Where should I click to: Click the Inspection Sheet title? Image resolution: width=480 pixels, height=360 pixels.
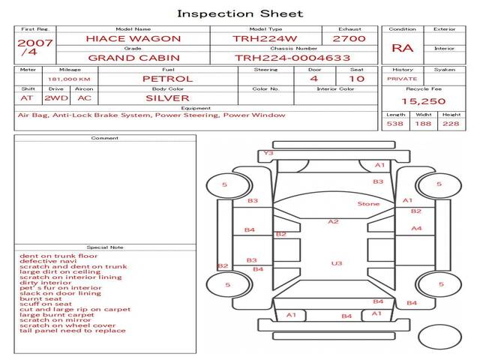tap(240, 13)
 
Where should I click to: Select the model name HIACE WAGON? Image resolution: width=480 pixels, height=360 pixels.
tap(133, 38)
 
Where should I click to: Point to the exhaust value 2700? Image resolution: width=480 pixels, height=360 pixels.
tap(349, 38)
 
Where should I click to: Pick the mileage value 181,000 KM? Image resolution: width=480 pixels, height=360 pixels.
tap(69, 79)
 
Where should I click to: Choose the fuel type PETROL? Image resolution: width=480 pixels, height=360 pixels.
tap(167, 79)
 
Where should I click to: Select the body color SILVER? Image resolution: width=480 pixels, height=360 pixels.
tap(167, 97)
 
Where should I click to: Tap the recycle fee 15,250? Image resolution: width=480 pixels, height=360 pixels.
tap(424, 100)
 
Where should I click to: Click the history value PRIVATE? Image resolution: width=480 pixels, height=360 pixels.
tap(402, 79)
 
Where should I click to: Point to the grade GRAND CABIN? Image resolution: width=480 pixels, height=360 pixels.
tap(133, 57)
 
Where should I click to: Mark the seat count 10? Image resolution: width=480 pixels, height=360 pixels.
tap(356, 79)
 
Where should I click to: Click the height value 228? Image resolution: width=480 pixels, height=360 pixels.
tap(451, 124)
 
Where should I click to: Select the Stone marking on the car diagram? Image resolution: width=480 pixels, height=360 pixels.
tap(368, 204)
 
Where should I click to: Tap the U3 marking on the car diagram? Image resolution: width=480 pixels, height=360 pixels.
tap(337, 263)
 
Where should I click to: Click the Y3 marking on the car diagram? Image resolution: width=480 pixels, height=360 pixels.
tap(268, 153)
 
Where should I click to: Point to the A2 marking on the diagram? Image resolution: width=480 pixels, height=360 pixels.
tap(334, 221)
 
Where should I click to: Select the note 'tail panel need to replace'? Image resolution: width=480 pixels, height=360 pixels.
tap(73, 331)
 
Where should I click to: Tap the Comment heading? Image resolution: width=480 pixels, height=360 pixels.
tap(105, 138)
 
